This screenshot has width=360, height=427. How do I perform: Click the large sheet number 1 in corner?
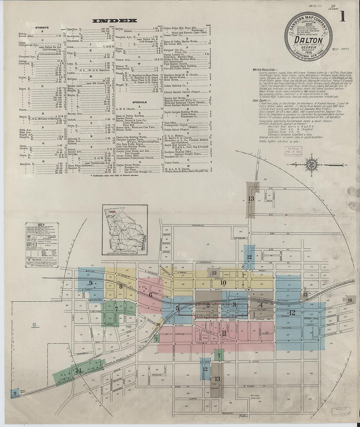[342, 17]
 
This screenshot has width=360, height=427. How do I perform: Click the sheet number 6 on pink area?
[151, 294]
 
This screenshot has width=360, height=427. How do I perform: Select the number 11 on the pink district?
[224, 333]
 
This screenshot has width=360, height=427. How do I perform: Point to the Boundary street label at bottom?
[228, 413]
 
